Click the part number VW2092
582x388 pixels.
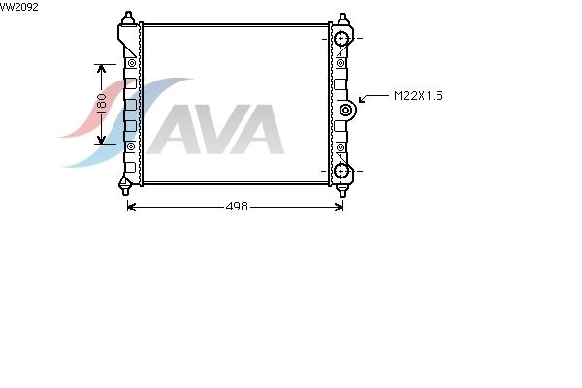18,7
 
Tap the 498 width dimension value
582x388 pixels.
237,207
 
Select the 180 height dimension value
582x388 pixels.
101,104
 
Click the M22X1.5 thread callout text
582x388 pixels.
418,96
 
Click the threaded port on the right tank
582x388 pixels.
346,110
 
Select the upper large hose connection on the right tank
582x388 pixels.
341,38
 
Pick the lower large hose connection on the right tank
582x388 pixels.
341,171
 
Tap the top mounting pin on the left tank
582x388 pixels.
128,17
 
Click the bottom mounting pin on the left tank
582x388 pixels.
125,187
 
